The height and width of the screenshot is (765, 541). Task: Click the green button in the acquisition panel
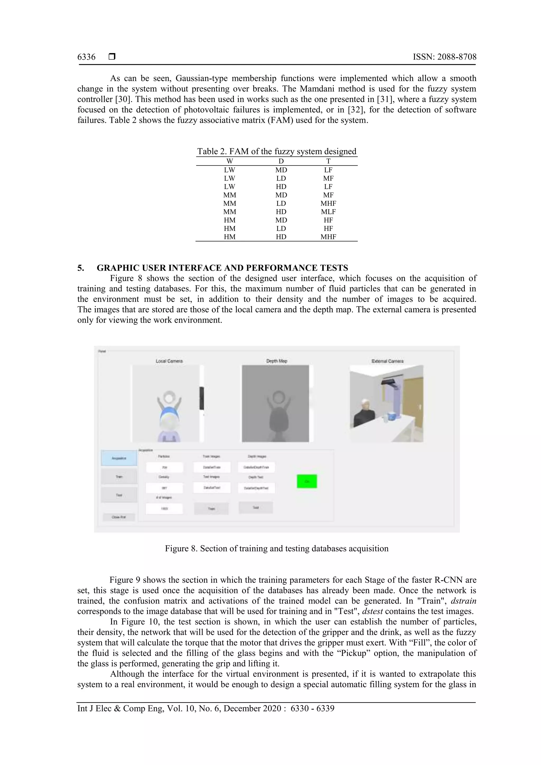pyautogui.click(x=307, y=481)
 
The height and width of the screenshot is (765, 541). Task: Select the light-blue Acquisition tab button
pyautogui.click(x=119, y=458)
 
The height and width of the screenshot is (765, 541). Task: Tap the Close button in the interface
pyautogui.click(x=119, y=517)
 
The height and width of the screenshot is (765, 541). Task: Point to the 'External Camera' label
pyautogui.click(x=387, y=361)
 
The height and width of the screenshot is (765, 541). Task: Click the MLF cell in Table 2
pyautogui.click(x=328, y=212)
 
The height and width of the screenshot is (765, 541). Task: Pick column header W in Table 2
pyautogui.click(x=229, y=161)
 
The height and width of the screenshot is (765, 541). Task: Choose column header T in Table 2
pyautogui.click(x=328, y=161)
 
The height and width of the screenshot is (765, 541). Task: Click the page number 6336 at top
pyautogui.click(x=86, y=57)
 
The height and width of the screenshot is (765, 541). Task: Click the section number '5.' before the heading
pyautogui.click(x=81, y=268)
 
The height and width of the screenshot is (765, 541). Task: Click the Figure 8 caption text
pyautogui.click(x=277, y=548)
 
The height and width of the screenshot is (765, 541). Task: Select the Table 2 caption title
pyautogui.click(x=277, y=152)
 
